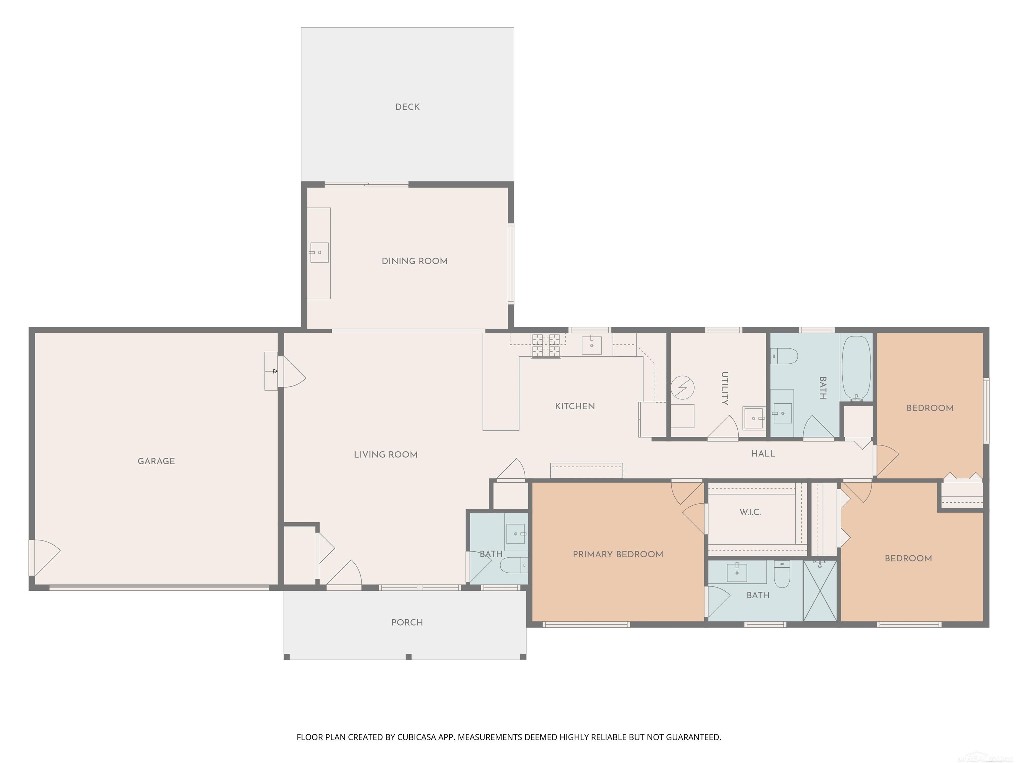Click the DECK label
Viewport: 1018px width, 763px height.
click(407, 107)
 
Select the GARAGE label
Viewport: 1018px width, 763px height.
click(156, 461)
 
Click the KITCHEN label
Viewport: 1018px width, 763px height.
click(575, 406)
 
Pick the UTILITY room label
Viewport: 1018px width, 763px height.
click(725, 388)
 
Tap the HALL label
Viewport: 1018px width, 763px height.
click(763, 453)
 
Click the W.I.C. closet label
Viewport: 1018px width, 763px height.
click(750, 512)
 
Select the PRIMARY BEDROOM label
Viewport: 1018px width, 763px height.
click(618, 554)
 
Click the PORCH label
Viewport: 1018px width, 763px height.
click(407, 622)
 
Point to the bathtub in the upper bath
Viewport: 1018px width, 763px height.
click(857, 369)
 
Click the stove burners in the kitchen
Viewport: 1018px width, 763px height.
click(546, 345)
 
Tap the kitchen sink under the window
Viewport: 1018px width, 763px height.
click(592, 345)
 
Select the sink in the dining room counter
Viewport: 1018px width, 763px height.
click(319, 252)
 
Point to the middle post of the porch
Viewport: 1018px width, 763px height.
click(408, 657)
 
